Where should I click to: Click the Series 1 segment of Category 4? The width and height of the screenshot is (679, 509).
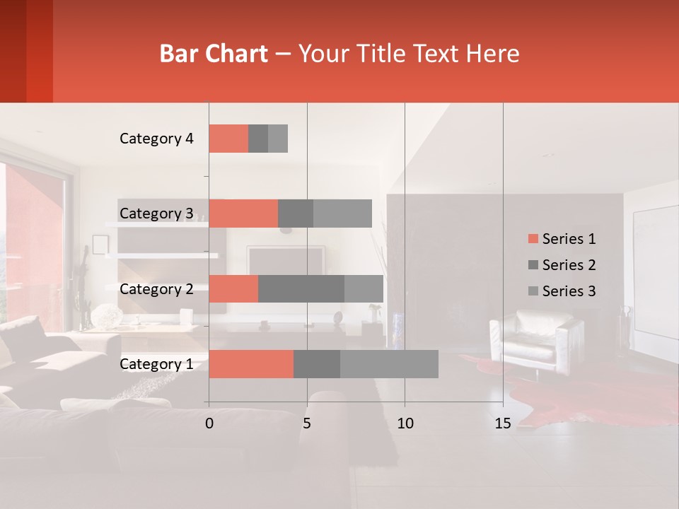coord(228,139)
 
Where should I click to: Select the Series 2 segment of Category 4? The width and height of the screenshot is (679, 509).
coord(258,139)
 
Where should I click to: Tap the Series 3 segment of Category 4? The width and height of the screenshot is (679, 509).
coord(278,139)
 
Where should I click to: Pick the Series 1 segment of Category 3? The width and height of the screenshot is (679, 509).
coord(243,213)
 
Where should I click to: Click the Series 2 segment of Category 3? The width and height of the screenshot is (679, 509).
coord(296,213)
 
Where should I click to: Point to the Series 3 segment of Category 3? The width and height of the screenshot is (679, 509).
coord(342,213)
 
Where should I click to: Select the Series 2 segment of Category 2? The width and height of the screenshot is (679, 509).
coord(301,288)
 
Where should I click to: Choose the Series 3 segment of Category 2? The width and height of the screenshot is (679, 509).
coord(364,288)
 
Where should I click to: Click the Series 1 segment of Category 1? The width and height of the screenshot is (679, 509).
coord(251,364)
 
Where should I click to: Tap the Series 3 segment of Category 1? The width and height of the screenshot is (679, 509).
coord(389,364)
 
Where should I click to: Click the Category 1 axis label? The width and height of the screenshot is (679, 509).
coord(156,364)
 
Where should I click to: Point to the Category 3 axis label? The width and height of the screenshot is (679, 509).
coord(156,213)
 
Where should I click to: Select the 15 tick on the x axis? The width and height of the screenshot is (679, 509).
coord(502,423)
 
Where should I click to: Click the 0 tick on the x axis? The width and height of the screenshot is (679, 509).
coord(209,423)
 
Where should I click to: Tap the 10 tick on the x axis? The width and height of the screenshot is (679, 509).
coord(405,423)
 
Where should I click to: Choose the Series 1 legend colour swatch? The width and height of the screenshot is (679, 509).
coord(533,239)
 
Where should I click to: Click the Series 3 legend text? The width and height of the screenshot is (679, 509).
coord(569,291)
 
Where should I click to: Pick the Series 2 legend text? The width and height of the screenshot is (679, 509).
coord(569,265)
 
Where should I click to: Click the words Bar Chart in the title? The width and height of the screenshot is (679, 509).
coord(214,54)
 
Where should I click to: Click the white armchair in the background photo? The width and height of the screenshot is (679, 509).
coord(538,339)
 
